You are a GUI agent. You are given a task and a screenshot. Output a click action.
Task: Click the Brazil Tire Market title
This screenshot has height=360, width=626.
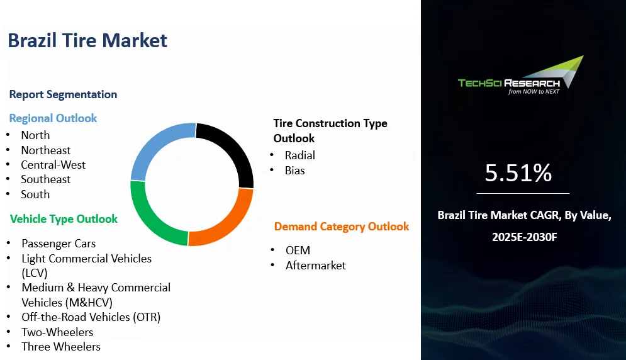click(x=87, y=41)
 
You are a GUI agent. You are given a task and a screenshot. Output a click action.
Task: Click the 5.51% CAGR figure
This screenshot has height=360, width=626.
click(x=518, y=172)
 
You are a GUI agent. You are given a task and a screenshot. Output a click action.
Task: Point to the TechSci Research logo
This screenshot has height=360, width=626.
click(x=520, y=76)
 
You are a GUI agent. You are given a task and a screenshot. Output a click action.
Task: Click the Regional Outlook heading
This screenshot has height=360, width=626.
click(x=53, y=118)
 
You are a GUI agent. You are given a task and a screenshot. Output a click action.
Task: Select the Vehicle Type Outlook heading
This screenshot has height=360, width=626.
click(x=64, y=219)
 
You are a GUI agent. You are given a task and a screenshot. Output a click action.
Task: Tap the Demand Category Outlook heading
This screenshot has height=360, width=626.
click(x=342, y=227)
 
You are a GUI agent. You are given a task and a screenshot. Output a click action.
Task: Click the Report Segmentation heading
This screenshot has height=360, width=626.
click(x=63, y=94)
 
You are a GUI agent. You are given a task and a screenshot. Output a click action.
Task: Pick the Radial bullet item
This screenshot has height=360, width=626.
click(x=300, y=155)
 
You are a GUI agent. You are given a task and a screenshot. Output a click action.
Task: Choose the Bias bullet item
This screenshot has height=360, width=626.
click(x=294, y=170)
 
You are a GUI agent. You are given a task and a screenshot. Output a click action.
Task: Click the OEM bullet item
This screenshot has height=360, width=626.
click(x=298, y=250)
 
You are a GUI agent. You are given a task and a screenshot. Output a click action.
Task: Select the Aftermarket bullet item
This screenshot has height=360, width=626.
click(x=316, y=266)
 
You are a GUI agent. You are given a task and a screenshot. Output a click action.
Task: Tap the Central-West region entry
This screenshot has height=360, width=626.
click(x=53, y=165)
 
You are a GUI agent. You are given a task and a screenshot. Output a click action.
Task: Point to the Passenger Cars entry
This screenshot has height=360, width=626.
click(x=59, y=244)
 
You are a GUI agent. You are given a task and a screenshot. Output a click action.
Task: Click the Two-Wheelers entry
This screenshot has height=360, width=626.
click(x=57, y=332)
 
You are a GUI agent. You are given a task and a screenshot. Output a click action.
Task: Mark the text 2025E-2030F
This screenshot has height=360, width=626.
click(x=524, y=237)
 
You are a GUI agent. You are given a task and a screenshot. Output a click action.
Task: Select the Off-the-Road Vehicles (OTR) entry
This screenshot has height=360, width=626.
click(x=91, y=317)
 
